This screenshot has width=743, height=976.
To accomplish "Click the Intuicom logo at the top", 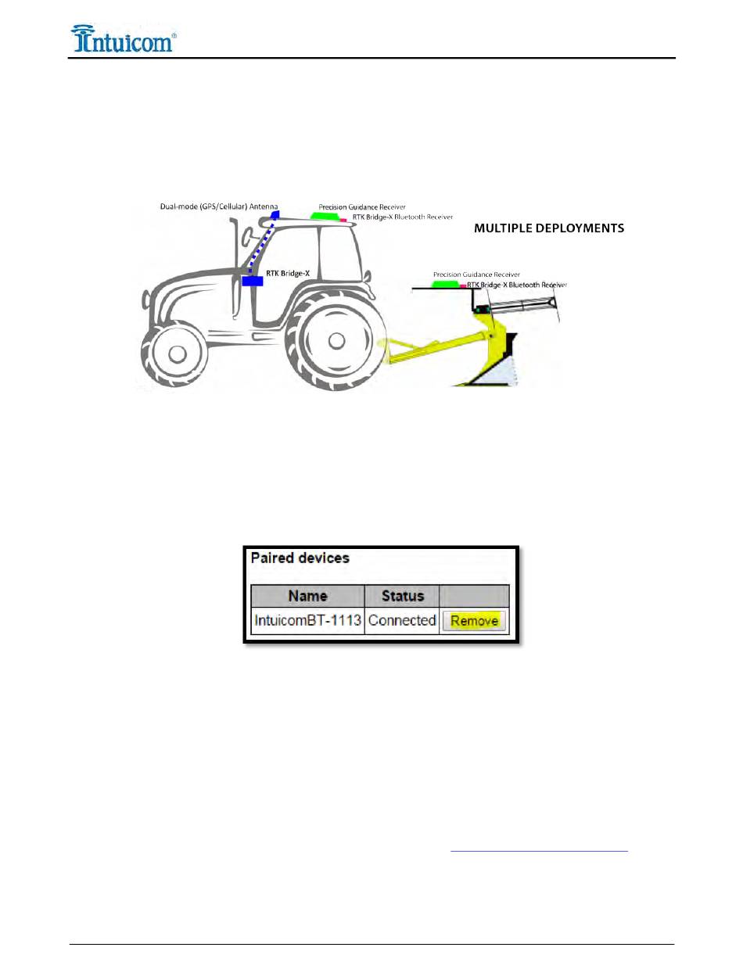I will (x=123, y=38).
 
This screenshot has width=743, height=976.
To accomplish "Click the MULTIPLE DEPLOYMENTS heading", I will (x=550, y=228).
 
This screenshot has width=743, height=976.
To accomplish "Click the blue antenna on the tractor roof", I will (x=275, y=213).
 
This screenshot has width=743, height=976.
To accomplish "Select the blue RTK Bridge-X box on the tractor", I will (x=252, y=281).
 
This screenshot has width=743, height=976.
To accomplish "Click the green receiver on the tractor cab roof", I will (x=324, y=215).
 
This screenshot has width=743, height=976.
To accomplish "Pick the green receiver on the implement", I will (x=447, y=284).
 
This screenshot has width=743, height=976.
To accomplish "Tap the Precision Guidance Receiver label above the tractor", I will (x=367, y=206).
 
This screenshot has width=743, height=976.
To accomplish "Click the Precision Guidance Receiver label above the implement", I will (x=476, y=274).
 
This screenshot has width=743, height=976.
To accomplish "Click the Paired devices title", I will (x=299, y=558).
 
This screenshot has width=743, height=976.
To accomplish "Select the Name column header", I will (x=307, y=596).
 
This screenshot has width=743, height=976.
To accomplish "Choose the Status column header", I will (x=402, y=596).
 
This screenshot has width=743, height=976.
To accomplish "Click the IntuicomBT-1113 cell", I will (x=307, y=621).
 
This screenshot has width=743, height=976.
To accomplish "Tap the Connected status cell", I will (x=402, y=621).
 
